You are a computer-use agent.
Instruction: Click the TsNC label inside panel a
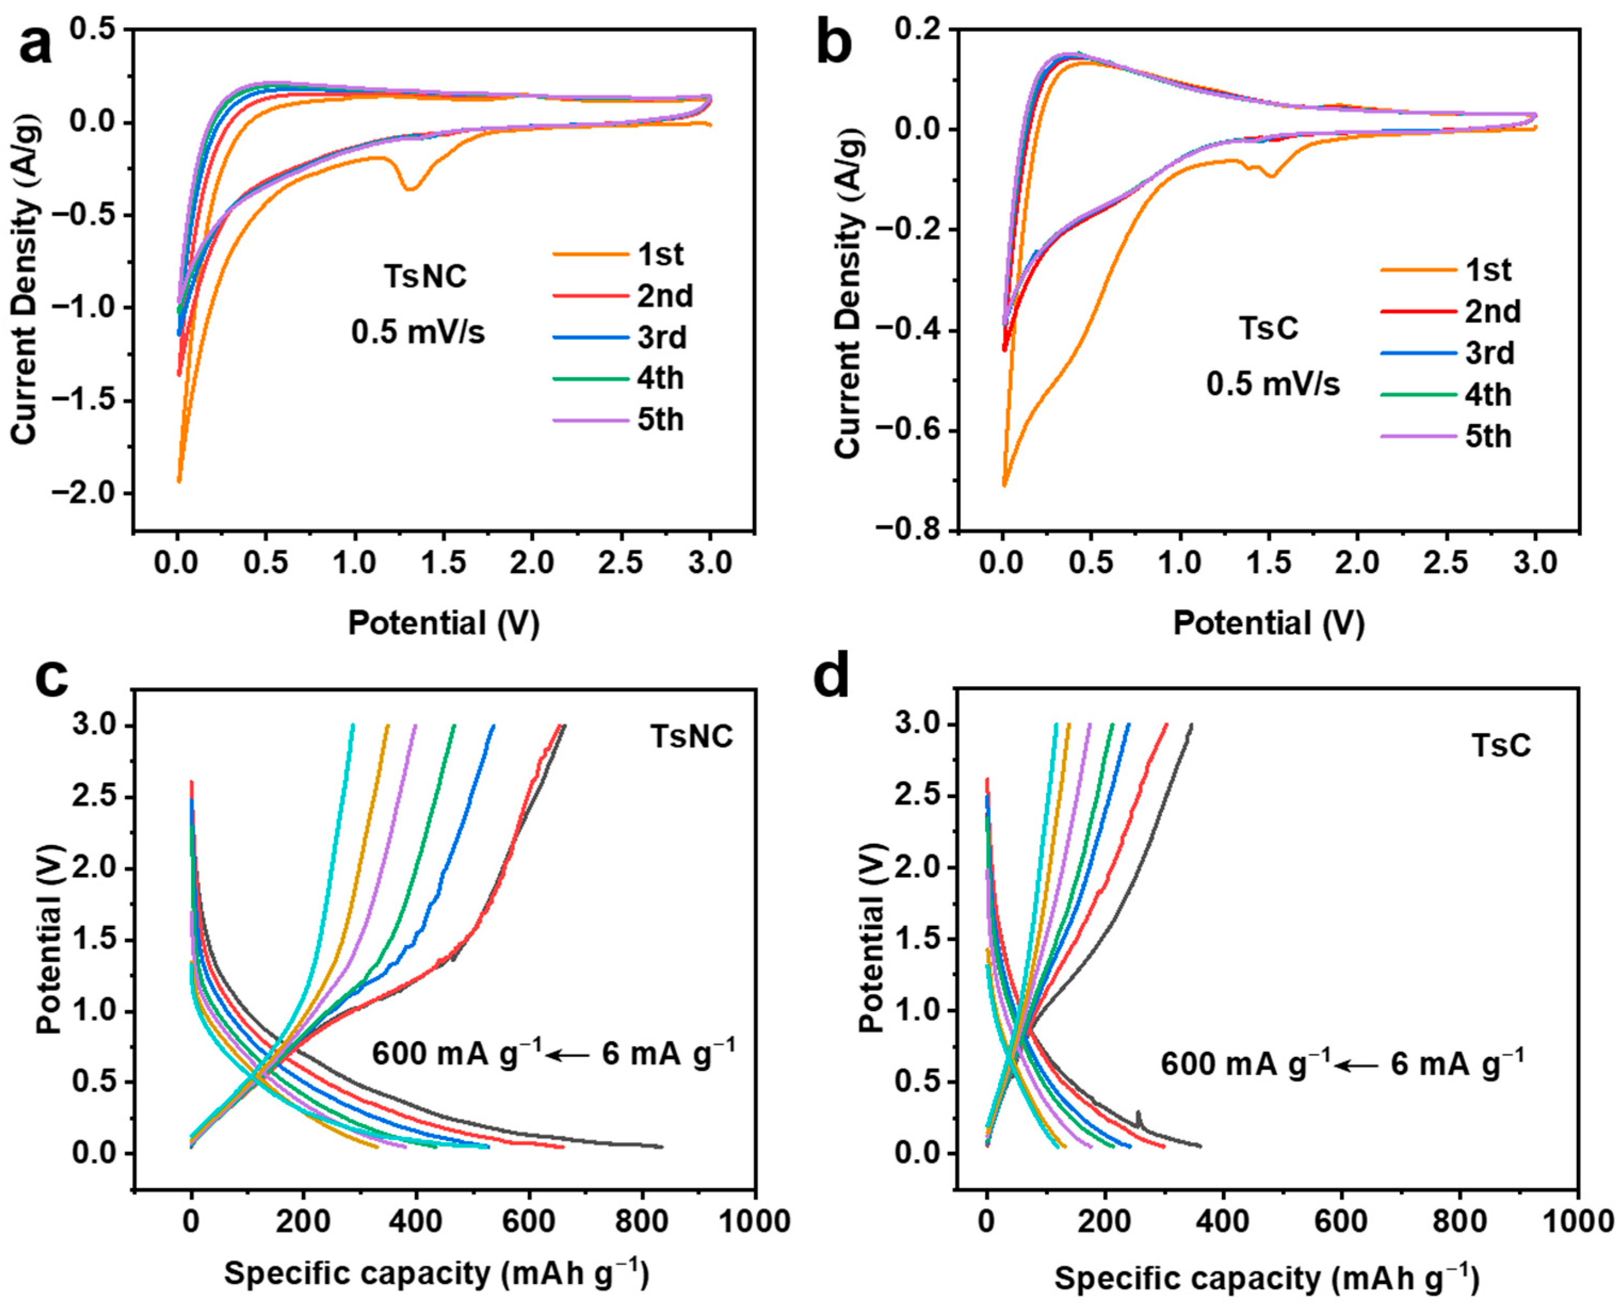[x=425, y=277]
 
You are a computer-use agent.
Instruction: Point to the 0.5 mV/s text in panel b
[x=1272, y=384]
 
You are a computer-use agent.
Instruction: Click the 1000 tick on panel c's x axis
[x=754, y=1220]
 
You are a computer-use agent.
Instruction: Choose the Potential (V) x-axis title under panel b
[x=1269, y=623]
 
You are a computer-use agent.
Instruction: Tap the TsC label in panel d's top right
[x=1501, y=745]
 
